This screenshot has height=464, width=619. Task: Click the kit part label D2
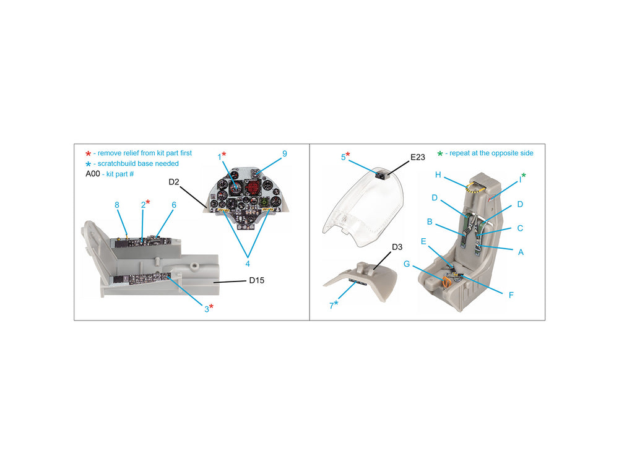pos(174,182)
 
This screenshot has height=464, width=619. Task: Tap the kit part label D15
pos(257,280)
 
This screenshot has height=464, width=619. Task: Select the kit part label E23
pos(418,157)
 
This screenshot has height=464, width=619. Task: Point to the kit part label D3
pos(397,247)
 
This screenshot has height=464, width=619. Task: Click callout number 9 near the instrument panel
pos(284,154)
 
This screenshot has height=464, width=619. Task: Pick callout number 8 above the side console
pos(117,205)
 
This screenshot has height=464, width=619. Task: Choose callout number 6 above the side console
pos(174,205)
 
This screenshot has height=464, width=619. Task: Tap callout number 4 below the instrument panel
pos(248,264)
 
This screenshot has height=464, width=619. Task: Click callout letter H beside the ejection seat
pos(438,175)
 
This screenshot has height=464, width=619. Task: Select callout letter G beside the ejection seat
pos(407,264)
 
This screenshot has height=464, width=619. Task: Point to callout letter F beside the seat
pos(511,295)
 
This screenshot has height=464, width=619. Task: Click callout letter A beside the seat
pos(521,252)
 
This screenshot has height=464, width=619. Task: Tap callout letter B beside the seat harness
pos(430,221)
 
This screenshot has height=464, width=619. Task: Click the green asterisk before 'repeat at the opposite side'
pos(440,154)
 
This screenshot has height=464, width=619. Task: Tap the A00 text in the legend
pos(93,174)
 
